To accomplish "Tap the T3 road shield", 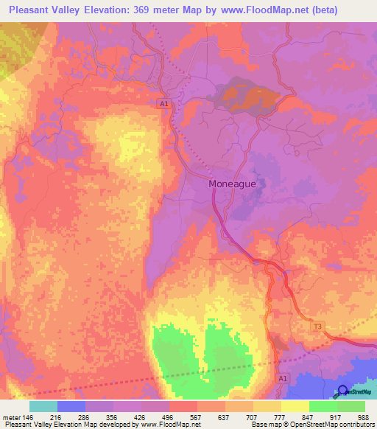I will [318, 326].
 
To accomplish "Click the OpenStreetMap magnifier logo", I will [342, 391].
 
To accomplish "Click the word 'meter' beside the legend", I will [10, 416].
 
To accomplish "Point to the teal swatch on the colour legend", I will [43, 406].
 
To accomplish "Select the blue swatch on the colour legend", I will [71, 406].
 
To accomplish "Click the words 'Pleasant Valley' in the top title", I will [46, 10].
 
